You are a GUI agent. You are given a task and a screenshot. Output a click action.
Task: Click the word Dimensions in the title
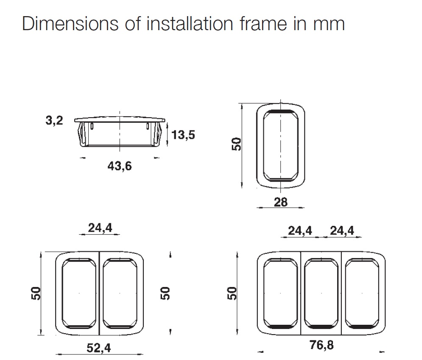pyautogui.click(x=70, y=23)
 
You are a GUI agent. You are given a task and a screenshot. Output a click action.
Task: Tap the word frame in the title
pyautogui.click(x=263, y=23)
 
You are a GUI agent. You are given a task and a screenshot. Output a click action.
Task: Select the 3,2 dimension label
pyautogui.click(x=54, y=120)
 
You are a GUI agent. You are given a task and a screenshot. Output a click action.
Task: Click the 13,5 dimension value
pyautogui.click(x=183, y=135)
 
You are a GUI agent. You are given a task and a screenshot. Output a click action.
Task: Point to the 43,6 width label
pyautogui.click(x=120, y=166)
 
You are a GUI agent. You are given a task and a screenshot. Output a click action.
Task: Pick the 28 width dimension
pyautogui.click(x=281, y=202)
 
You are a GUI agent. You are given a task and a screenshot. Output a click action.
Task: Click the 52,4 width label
pyautogui.click(x=98, y=348)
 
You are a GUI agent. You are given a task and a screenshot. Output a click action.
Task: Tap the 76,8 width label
pyautogui.click(x=321, y=345)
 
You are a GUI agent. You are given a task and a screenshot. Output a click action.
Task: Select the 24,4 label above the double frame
pyautogui.click(x=100, y=228)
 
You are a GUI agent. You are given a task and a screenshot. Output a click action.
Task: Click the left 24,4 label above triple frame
pyautogui.click(x=300, y=231)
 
